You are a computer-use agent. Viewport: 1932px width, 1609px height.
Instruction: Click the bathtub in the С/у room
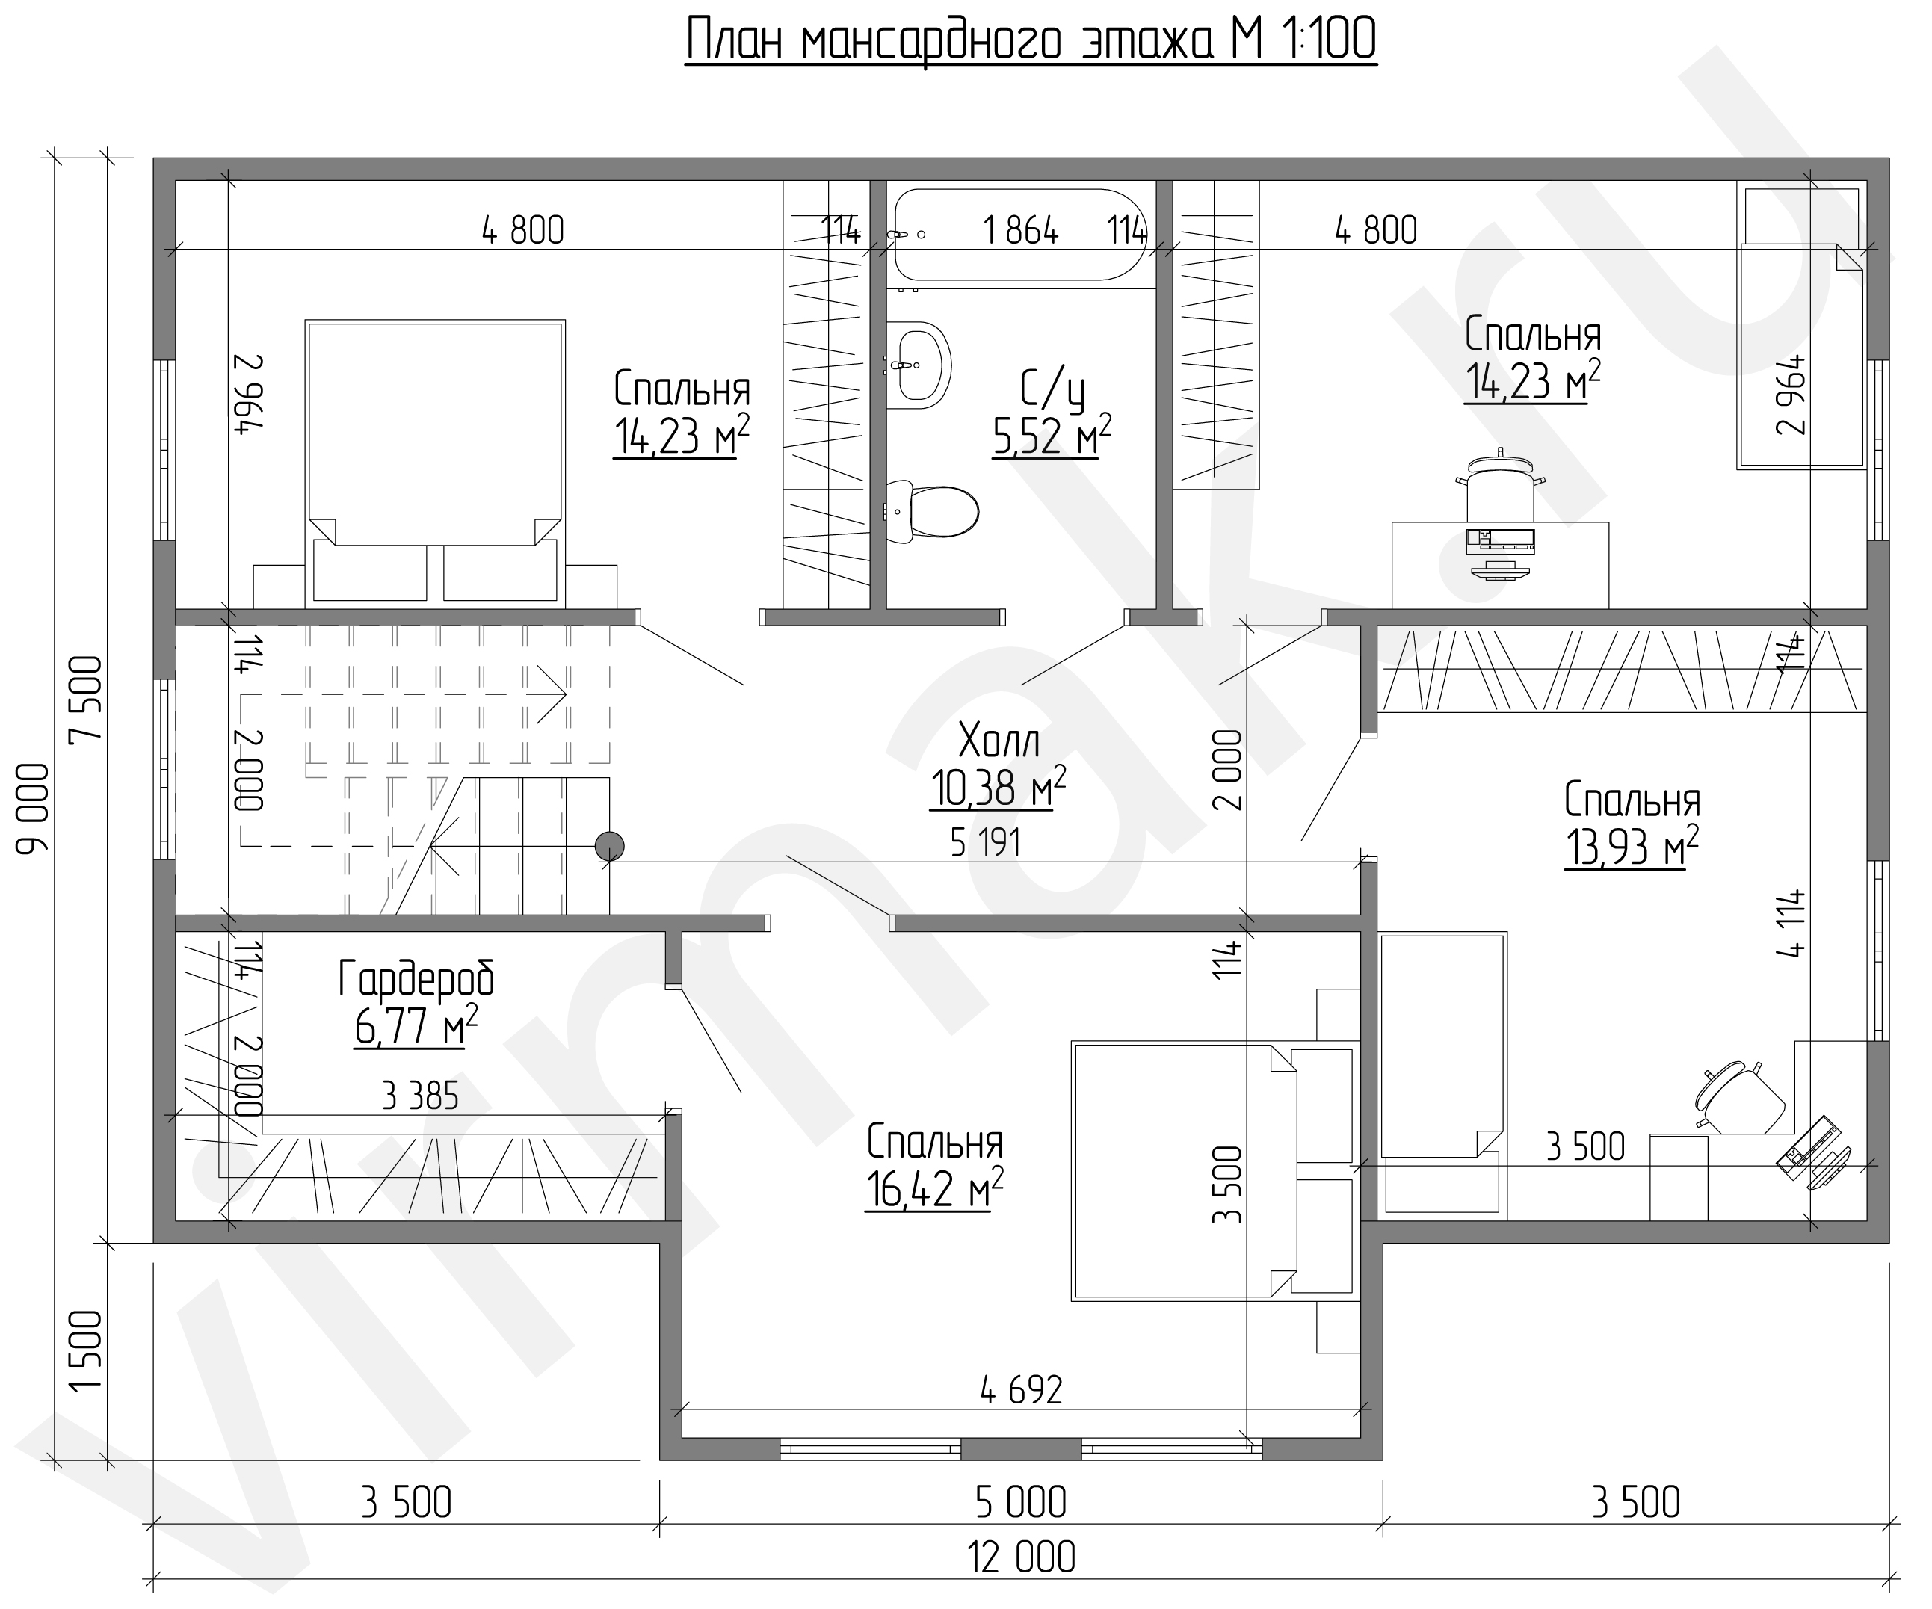1021,235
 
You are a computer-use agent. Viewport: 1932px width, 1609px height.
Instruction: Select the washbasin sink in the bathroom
917,365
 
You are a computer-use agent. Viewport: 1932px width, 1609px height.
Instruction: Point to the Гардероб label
417,980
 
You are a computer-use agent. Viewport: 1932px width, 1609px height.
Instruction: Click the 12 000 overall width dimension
1021,1558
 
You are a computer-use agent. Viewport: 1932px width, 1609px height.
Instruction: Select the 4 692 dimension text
1021,1390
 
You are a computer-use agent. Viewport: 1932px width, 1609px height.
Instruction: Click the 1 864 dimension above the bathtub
1021,230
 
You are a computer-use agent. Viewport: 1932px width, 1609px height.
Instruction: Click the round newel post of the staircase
609,845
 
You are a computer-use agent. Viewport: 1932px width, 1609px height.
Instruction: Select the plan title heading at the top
1031,41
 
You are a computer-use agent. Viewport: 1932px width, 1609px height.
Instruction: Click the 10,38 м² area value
999,788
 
